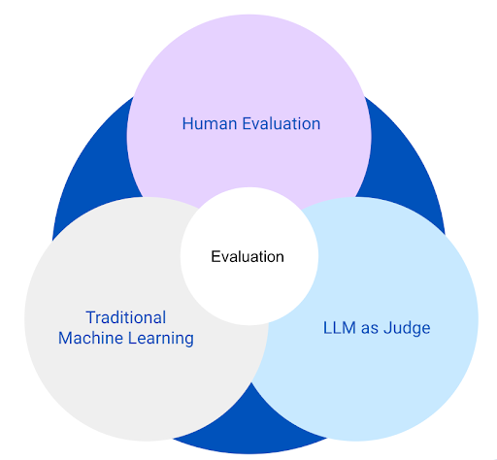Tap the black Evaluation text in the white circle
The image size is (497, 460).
click(x=248, y=257)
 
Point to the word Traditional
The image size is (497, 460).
click(x=125, y=317)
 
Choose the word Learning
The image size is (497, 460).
click(x=160, y=339)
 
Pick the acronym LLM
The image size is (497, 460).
click(x=340, y=328)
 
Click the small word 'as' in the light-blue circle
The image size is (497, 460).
click(x=370, y=328)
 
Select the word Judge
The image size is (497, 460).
click(x=407, y=328)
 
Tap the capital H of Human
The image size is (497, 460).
click(x=187, y=124)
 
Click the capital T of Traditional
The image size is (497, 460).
click(x=89, y=317)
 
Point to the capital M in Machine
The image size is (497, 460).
click(x=65, y=339)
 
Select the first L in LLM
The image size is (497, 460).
click(x=326, y=328)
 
